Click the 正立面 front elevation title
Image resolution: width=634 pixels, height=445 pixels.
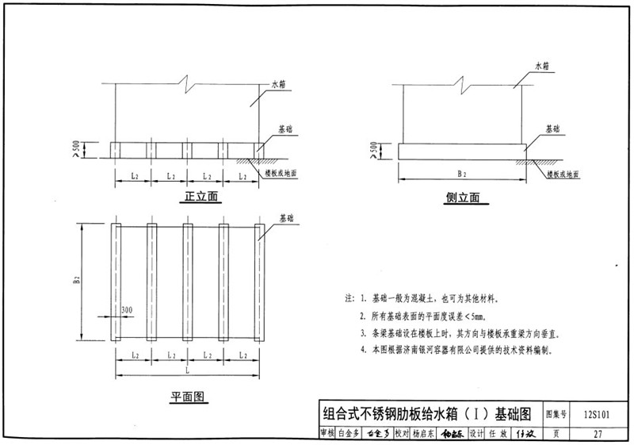(x=201, y=195)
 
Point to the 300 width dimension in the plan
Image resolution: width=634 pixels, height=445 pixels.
(x=128, y=309)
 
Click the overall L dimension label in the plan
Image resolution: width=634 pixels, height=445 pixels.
(x=187, y=370)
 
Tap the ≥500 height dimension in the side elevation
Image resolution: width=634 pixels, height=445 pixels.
(x=374, y=148)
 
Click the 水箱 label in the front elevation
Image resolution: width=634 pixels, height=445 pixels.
(x=278, y=83)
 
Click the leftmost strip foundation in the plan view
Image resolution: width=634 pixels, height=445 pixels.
(x=114, y=282)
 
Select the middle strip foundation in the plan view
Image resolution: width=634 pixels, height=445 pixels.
(x=187, y=282)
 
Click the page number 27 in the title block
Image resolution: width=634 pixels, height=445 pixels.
(x=598, y=433)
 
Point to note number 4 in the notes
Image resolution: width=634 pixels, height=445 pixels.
(x=363, y=349)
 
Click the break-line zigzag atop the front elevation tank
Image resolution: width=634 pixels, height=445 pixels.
(x=186, y=82)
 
